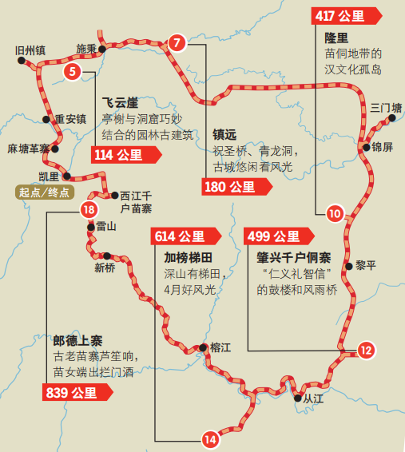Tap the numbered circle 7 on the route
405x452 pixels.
click(177, 42)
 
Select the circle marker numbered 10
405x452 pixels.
click(335, 212)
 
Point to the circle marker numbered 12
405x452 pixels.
click(365, 349)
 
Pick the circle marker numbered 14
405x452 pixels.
click(209, 438)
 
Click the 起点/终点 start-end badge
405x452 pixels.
click(44, 192)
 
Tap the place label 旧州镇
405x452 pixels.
click(30, 50)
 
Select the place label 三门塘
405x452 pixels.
click(381, 107)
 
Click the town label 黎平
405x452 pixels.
click(365, 266)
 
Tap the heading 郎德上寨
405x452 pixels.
click(77, 339)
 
